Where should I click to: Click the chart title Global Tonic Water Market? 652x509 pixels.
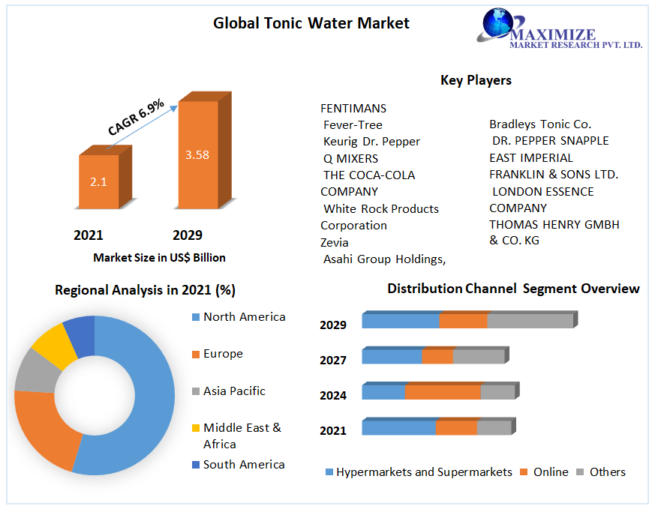click(x=311, y=23)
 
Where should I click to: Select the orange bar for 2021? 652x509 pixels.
click(x=98, y=181)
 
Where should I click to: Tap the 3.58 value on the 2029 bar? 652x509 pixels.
click(x=197, y=155)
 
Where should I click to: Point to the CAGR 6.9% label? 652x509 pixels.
click(x=136, y=118)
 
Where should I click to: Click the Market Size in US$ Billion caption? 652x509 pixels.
click(x=159, y=257)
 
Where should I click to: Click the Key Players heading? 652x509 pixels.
click(x=476, y=80)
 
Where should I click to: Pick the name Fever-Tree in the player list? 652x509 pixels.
click(x=353, y=124)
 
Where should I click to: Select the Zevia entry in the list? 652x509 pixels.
click(x=335, y=242)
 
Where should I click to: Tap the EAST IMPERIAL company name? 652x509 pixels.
click(x=531, y=157)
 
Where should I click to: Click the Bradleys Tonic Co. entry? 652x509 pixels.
click(x=540, y=124)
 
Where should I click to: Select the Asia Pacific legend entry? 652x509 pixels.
click(x=234, y=391)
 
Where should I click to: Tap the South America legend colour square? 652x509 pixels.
click(x=196, y=465)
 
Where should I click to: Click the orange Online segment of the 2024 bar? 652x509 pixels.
click(x=443, y=392)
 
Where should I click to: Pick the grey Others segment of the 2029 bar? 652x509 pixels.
click(x=530, y=321)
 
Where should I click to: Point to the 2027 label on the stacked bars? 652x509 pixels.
click(x=333, y=360)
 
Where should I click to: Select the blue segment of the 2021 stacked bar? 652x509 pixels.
click(x=398, y=427)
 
